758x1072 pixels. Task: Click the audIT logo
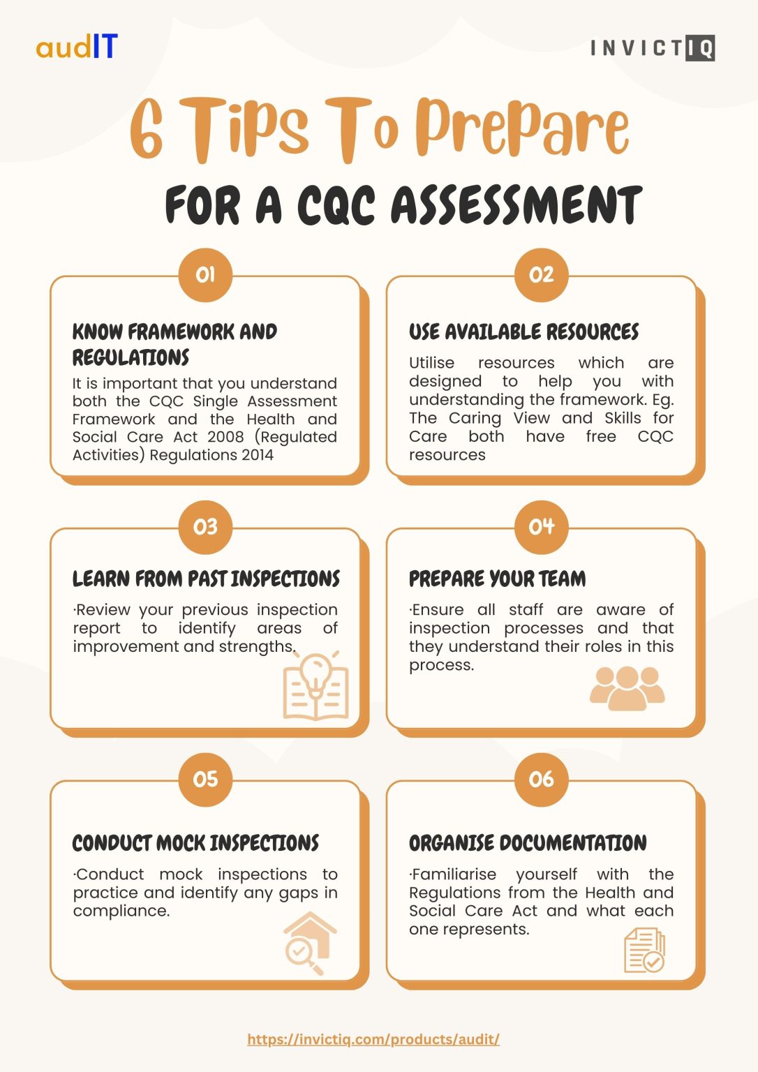77,47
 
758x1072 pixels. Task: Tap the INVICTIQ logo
652,48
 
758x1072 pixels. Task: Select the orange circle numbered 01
205,275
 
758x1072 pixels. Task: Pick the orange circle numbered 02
541,275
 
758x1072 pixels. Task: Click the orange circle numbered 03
205,527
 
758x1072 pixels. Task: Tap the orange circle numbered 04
541,527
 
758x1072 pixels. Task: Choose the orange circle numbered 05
205,779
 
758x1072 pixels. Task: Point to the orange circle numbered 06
541,779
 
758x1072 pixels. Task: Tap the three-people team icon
627,688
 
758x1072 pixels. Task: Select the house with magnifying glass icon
310,943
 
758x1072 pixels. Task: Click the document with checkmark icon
644,950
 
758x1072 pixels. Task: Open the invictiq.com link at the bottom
373,1039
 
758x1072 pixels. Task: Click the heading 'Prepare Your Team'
497,579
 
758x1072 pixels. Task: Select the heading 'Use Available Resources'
523,332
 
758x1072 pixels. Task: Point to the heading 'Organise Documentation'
528,843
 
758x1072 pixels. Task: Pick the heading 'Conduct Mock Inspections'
195,843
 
